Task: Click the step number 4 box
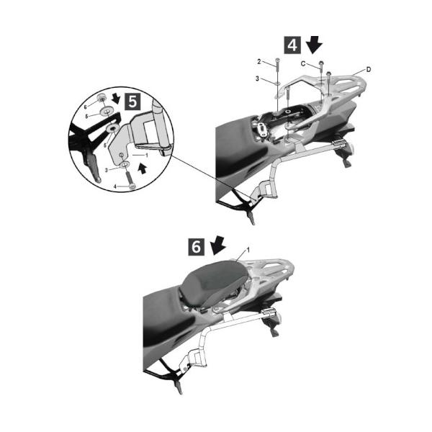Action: tap(292, 45)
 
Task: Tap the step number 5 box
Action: tap(132, 102)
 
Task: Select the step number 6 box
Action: tap(196, 247)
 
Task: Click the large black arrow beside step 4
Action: tap(314, 45)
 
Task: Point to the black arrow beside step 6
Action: tap(218, 246)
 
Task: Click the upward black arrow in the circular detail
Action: tap(142, 168)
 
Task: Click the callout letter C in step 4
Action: tap(303, 63)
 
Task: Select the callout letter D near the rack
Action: tap(369, 69)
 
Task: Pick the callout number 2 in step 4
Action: tap(259, 62)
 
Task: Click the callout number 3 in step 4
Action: tap(257, 78)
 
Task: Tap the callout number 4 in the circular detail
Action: tap(115, 186)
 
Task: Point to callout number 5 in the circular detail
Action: tap(87, 117)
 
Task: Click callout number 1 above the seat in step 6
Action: tap(248, 250)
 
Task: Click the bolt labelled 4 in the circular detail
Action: tap(130, 179)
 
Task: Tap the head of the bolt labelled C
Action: tap(321, 63)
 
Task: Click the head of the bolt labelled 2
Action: tap(278, 60)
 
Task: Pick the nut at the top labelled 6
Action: tap(102, 97)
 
